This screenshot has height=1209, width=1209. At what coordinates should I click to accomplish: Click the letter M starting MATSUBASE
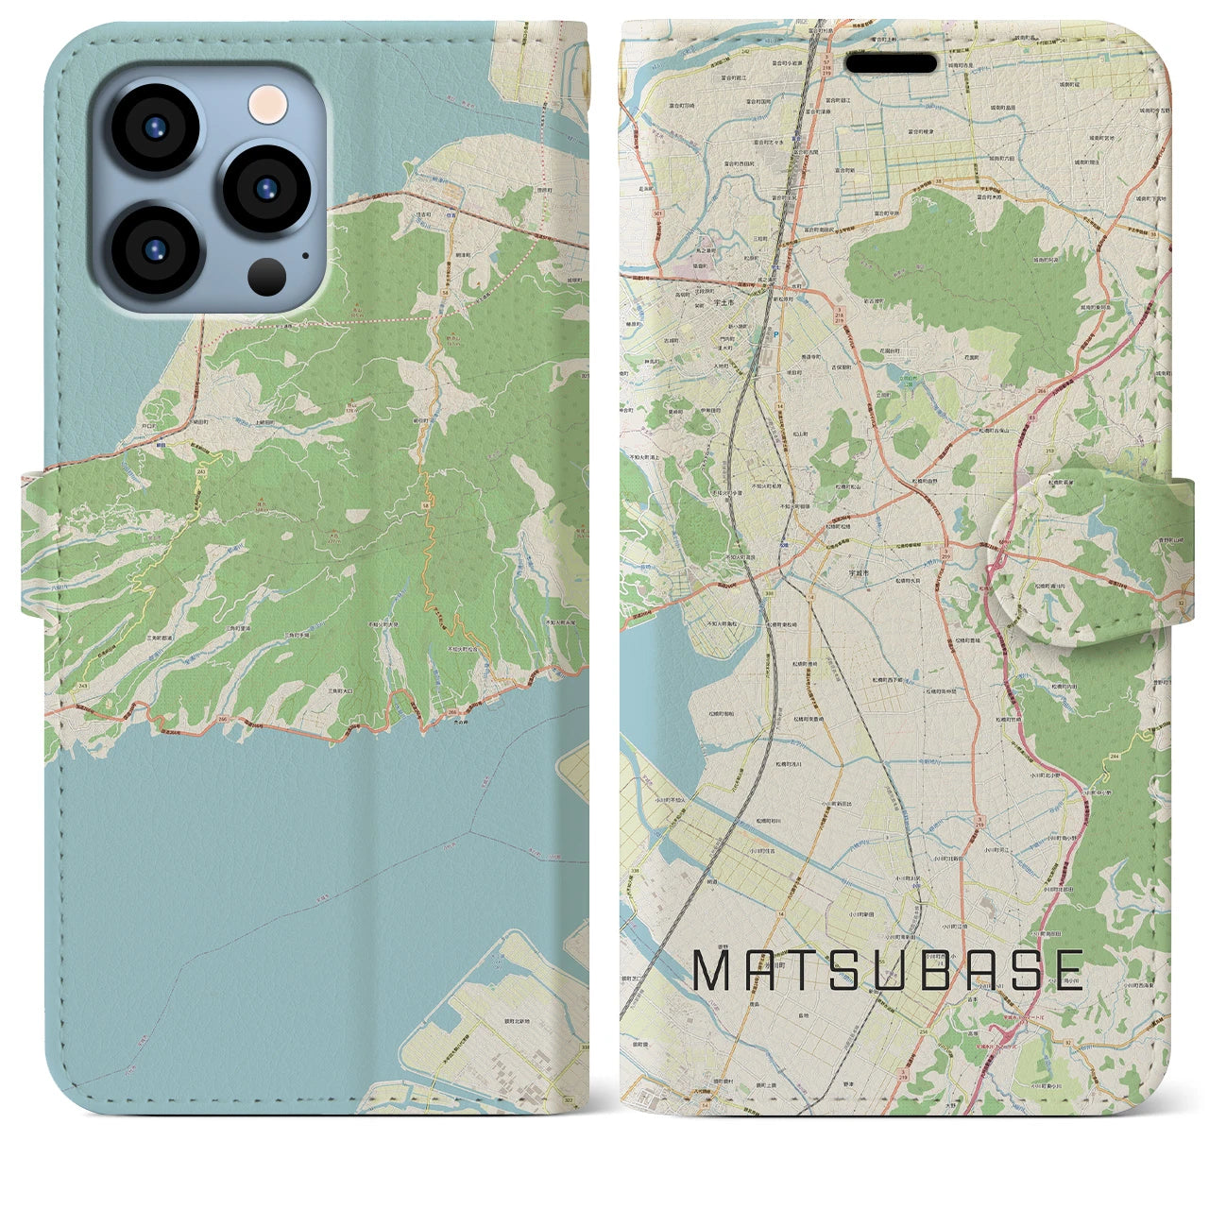coord(714,970)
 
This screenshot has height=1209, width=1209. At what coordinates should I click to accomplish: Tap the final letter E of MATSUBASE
coord(1066,970)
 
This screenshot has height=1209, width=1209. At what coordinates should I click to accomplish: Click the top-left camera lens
coord(155,128)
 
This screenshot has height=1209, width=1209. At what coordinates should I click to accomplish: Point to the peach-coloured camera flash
coord(267,103)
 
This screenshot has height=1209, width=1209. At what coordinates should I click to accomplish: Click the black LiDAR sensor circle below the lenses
coord(267,277)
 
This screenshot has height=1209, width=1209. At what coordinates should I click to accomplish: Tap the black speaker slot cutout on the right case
coord(891,63)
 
